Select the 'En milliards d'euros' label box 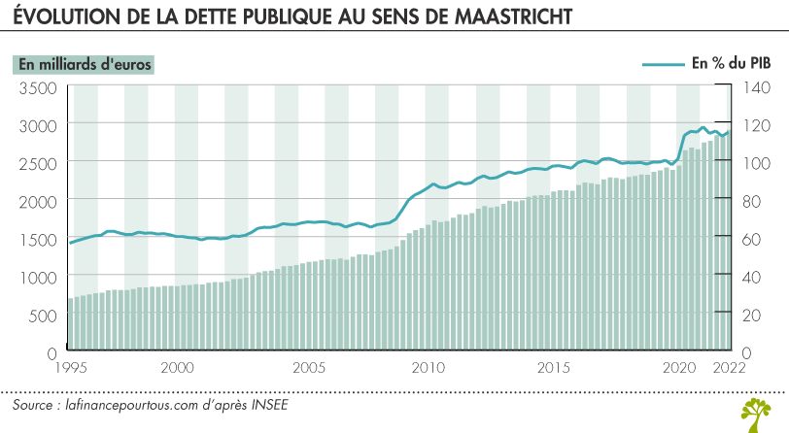click(x=85, y=64)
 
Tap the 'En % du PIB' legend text click(x=732, y=64)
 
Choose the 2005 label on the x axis click(x=308, y=368)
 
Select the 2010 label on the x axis click(x=428, y=368)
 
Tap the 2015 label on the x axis click(x=553, y=368)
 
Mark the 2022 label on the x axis click(x=729, y=368)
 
